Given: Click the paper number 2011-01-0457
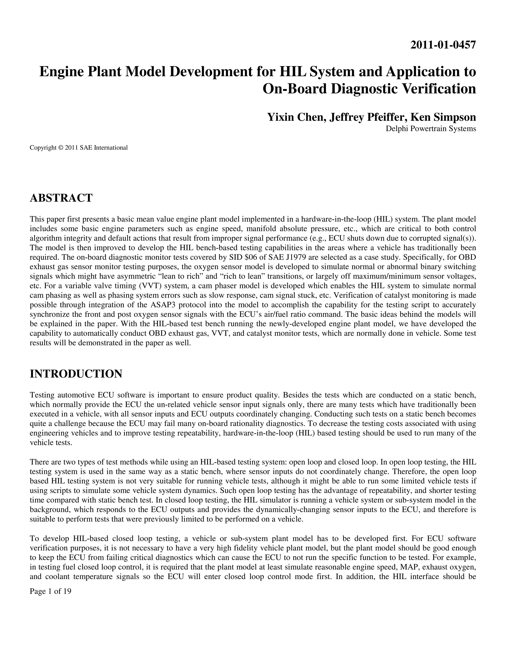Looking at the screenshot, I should [x=443, y=45].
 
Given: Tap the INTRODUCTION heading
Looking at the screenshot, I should [x=76, y=374].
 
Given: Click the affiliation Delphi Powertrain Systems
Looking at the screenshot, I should [x=430, y=129].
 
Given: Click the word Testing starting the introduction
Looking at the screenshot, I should [x=41, y=395].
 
